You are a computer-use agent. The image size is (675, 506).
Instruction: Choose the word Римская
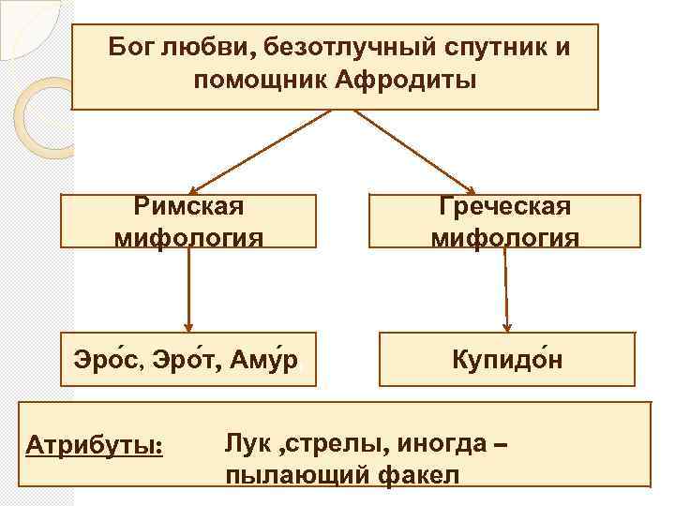pyautogui.click(x=188, y=205)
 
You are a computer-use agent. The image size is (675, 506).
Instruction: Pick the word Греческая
pyautogui.click(x=505, y=205)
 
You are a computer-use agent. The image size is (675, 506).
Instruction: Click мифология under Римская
pyautogui.click(x=188, y=239)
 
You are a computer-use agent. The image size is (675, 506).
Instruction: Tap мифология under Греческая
pyautogui.click(x=505, y=239)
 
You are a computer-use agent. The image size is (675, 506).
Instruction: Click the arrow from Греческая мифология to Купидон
pyautogui.click(x=506, y=290)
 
